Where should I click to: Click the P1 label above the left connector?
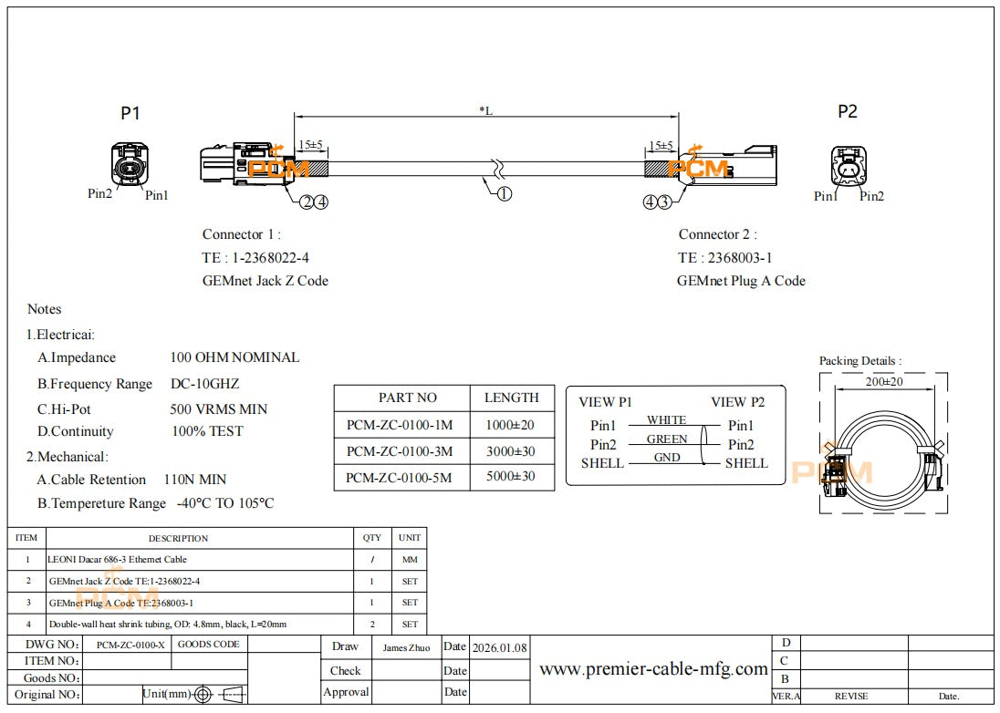point(130,114)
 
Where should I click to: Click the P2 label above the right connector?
point(848,112)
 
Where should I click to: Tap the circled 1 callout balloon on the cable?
point(504,193)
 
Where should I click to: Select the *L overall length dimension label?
point(485,110)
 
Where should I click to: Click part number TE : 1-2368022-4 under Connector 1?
point(257,258)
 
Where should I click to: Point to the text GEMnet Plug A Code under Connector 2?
point(741,281)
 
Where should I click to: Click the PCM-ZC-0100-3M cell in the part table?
point(400,451)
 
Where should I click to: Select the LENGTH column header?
point(511,398)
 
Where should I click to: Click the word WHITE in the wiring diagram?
point(666,420)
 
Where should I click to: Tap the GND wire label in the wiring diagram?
point(667,458)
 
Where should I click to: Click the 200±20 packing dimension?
point(883,382)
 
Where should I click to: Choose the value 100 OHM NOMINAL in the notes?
point(234,357)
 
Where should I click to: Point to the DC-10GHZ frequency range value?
point(205,384)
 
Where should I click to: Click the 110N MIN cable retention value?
point(195,480)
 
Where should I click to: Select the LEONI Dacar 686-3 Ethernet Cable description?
point(117,559)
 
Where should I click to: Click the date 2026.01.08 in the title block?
point(499,647)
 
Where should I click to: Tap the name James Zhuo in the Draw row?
point(406,647)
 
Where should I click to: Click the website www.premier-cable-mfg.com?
point(653,669)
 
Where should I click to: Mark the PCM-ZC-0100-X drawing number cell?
point(130,645)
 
